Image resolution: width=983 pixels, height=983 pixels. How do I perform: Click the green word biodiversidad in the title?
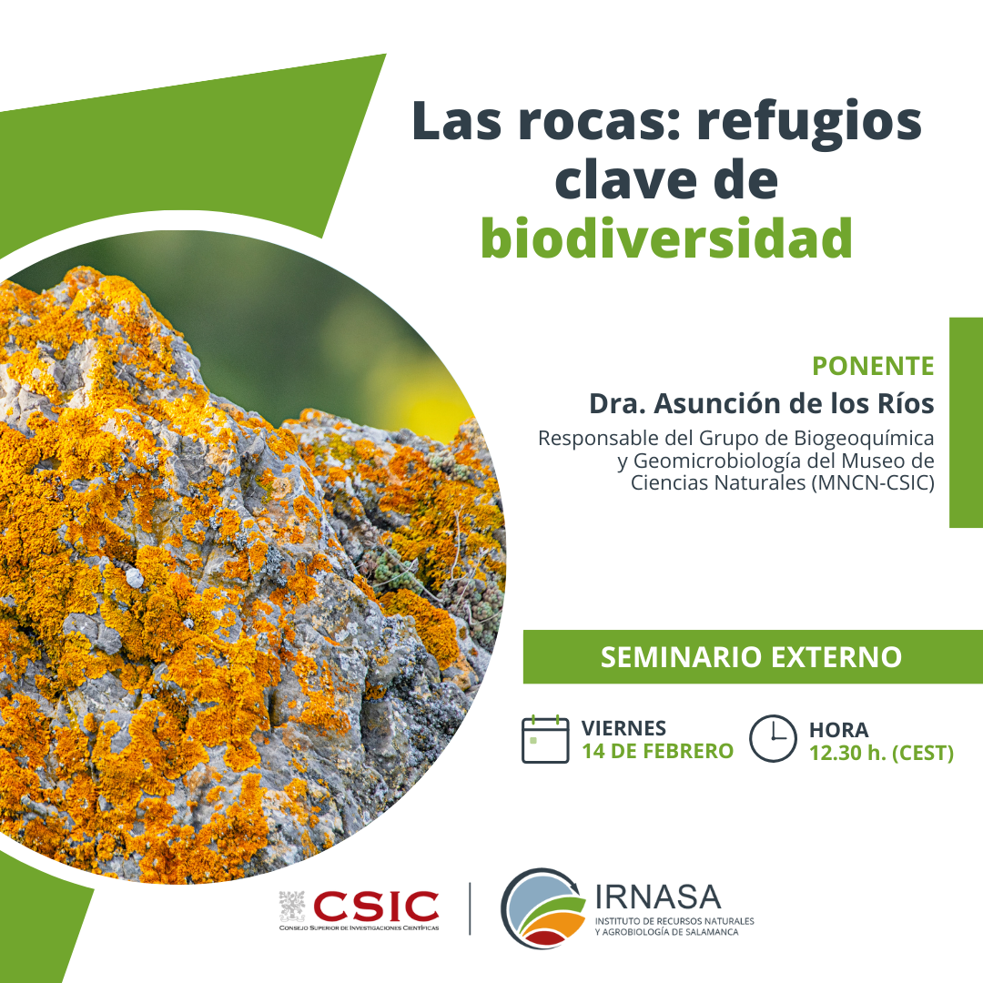pyautogui.click(x=666, y=238)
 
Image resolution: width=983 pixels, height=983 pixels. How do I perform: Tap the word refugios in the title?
pyautogui.click(x=809, y=124)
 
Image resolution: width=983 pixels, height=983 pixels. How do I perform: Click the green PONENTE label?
pyautogui.click(x=873, y=366)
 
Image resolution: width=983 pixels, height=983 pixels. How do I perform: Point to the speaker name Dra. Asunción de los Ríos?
pyautogui.click(x=762, y=404)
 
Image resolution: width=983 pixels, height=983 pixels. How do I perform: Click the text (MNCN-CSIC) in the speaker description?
pyautogui.click(x=873, y=483)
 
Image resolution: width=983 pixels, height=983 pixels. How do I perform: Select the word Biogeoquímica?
pyautogui.click(x=865, y=438)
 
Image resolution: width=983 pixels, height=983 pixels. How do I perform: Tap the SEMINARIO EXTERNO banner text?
pyautogui.click(x=751, y=657)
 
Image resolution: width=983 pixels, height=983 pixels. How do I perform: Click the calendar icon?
pyautogui.click(x=545, y=740)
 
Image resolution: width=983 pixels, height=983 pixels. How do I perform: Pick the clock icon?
pyautogui.click(x=773, y=738)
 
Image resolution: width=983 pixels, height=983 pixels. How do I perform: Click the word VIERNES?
pyautogui.click(x=623, y=728)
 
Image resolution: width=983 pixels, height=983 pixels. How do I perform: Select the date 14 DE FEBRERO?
pyautogui.click(x=658, y=751)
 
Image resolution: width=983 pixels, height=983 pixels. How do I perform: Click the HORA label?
pyautogui.click(x=839, y=730)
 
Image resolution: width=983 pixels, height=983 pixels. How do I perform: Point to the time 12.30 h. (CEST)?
pyautogui.click(x=881, y=753)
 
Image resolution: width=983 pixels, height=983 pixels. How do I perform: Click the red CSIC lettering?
pyautogui.click(x=376, y=907)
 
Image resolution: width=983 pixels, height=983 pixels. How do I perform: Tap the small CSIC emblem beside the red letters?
pyautogui.click(x=292, y=907)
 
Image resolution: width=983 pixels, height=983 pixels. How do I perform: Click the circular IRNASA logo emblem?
pyautogui.click(x=542, y=907)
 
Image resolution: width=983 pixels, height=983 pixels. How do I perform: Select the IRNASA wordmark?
pyautogui.click(x=658, y=897)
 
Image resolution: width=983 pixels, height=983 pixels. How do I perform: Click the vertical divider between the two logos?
pyautogui.click(x=470, y=908)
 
